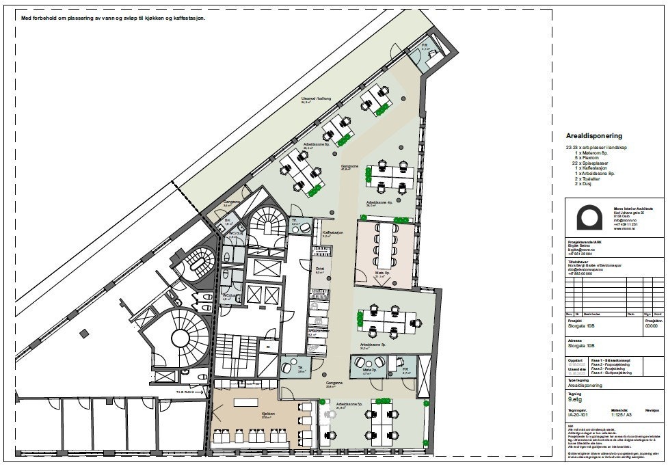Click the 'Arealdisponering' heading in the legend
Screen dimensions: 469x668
click(593, 136)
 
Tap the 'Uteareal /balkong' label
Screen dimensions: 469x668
click(316, 99)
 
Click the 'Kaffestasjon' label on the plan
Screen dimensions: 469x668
click(332, 232)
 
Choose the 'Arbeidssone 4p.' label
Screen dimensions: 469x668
click(379, 203)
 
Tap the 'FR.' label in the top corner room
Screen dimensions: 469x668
click(425, 45)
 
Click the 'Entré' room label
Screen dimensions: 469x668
click(319, 270)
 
